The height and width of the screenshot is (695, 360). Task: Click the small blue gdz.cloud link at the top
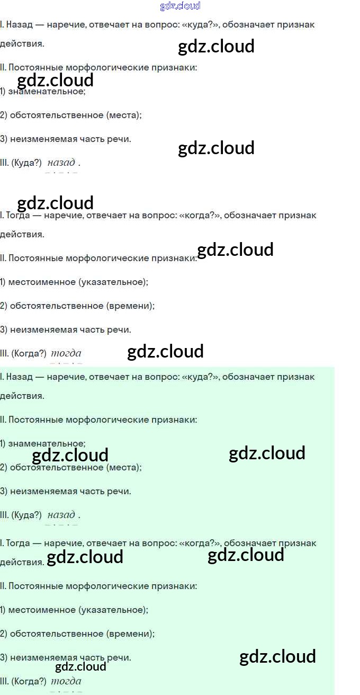tap(180, 6)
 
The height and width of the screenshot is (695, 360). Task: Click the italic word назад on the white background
tap(61, 163)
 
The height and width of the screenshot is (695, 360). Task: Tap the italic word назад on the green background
tap(61, 514)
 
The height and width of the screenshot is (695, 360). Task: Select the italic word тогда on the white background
tap(66, 353)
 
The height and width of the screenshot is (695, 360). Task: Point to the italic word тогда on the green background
tap(66, 681)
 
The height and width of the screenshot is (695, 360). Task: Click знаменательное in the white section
tap(47, 91)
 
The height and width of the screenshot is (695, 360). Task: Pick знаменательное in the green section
tap(47, 443)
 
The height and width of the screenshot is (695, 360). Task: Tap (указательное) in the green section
tap(113, 610)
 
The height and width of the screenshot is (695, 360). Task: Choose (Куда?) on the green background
tap(26, 515)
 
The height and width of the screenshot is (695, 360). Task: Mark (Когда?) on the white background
tap(29, 353)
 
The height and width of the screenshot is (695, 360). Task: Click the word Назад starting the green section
tap(17, 377)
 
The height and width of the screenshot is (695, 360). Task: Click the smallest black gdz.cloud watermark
tap(80, 666)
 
